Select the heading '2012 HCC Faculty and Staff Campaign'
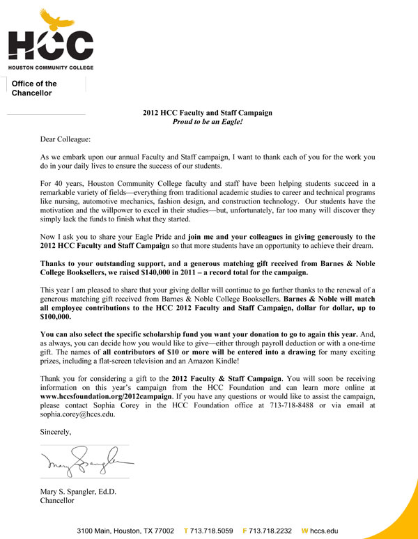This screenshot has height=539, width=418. click(207, 112)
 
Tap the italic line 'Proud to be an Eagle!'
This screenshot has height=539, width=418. click(207, 121)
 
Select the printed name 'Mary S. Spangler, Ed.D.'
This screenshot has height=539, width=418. click(78, 492)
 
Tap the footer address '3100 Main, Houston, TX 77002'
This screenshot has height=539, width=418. click(125, 530)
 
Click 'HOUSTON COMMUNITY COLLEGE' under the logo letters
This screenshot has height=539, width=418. click(50, 67)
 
